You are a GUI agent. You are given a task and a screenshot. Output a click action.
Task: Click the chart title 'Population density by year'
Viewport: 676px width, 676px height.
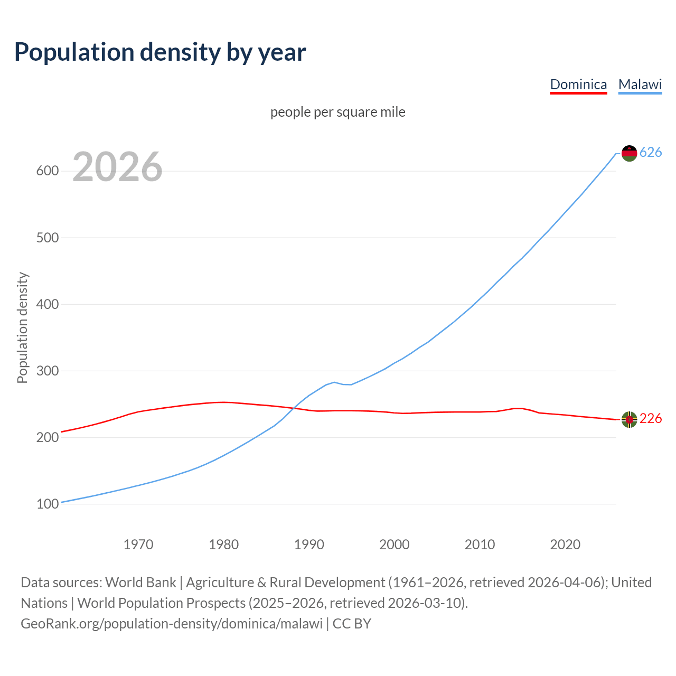tap(160, 52)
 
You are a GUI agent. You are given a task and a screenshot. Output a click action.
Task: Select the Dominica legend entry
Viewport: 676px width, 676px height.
tap(578, 84)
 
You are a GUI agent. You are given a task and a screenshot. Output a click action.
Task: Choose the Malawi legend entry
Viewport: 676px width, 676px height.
tap(640, 84)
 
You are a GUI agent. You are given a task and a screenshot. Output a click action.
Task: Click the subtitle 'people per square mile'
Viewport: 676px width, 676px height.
tap(337, 112)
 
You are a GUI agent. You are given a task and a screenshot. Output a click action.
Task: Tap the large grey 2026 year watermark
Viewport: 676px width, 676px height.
tap(117, 167)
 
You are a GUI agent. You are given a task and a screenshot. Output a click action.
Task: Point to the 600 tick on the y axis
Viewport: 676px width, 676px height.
tap(47, 171)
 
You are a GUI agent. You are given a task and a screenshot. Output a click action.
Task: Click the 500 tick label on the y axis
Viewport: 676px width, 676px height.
tap(47, 238)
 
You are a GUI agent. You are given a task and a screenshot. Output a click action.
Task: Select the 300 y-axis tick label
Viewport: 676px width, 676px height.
tap(47, 371)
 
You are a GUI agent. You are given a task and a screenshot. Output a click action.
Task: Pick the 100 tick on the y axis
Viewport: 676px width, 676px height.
tap(47, 504)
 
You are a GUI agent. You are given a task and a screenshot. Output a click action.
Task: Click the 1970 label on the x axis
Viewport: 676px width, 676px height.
tap(138, 544)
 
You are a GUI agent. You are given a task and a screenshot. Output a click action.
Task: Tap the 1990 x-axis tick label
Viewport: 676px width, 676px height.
tap(309, 544)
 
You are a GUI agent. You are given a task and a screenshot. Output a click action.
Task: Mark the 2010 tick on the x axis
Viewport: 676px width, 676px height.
tap(480, 544)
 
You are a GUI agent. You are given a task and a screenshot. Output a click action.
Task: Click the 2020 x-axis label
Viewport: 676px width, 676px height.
tap(565, 544)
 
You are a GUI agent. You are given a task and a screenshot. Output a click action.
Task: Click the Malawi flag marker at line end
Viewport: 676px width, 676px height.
tap(629, 153)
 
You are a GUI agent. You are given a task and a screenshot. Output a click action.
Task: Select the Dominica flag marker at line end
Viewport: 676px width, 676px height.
tap(629, 419)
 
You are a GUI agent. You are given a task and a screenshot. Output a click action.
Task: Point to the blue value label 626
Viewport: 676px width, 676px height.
tap(651, 153)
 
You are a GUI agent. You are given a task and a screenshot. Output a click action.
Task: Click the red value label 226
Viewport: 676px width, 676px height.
tap(651, 419)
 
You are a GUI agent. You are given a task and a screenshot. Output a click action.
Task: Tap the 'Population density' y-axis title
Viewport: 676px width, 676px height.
tap(22, 327)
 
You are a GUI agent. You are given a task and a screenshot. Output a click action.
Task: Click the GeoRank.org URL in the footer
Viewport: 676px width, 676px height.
tap(172, 624)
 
